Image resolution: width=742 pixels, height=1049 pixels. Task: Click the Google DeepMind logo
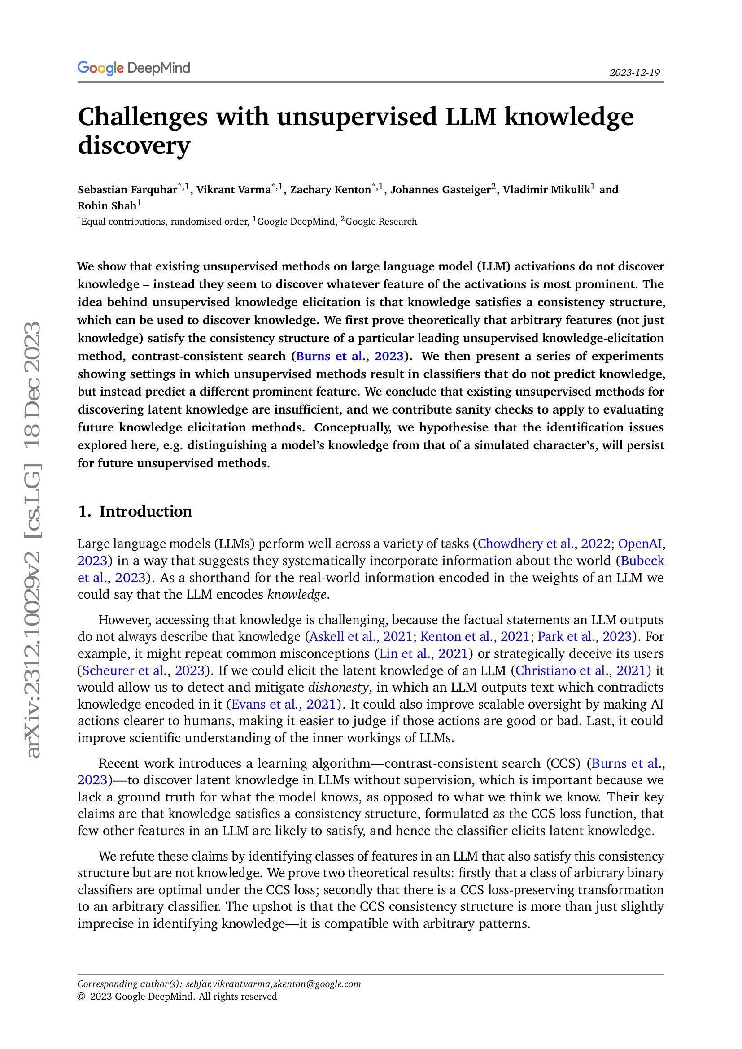(x=133, y=68)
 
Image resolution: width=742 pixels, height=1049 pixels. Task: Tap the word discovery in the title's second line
(x=133, y=145)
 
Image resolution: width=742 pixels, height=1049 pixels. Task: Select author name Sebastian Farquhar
(x=127, y=190)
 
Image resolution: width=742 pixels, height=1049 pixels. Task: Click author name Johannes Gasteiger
(x=440, y=190)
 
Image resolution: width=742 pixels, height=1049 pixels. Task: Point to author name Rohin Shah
(x=107, y=206)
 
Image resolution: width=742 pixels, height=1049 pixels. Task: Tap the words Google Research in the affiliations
(x=381, y=222)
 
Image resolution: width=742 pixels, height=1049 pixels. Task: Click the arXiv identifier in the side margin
(x=33, y=539)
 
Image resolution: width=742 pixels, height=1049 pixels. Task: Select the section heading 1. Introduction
(x=135, y=511)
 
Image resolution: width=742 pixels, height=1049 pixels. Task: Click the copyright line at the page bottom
(x=177, y=997)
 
